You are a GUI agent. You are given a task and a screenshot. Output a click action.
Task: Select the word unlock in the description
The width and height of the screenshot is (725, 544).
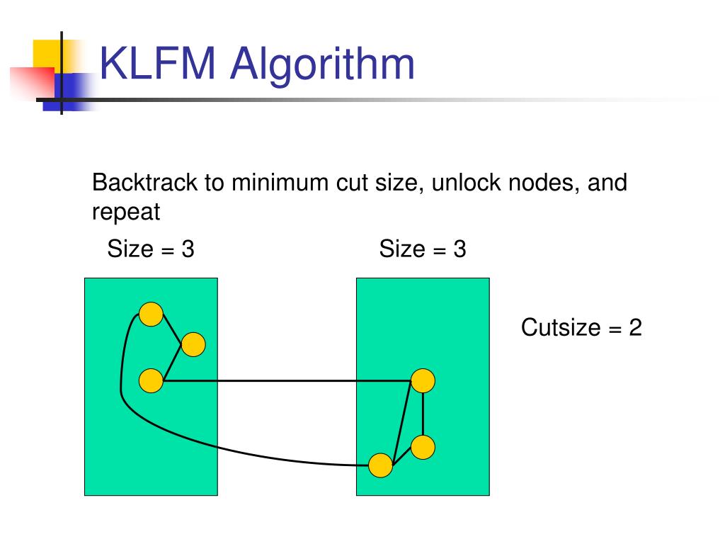coord(462,183)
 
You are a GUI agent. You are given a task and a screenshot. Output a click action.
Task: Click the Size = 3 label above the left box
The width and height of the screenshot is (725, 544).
coord(150,249)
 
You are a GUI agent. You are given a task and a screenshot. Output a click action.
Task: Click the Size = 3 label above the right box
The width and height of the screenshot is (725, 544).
coord(422,249)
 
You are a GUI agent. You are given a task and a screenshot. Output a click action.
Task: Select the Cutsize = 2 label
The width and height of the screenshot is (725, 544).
coord(581,327)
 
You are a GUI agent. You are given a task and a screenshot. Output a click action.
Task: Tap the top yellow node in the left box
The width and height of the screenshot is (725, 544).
coord(151,314)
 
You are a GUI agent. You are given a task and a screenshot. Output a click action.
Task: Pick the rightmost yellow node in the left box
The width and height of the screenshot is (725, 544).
coord(193,345)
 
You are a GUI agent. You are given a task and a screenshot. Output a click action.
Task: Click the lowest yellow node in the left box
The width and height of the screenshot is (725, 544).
coord(151,381)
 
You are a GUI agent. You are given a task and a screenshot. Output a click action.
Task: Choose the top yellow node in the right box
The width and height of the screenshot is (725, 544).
coord(423,381)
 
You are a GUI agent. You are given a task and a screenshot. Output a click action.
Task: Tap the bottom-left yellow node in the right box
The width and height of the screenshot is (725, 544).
coord(381,465)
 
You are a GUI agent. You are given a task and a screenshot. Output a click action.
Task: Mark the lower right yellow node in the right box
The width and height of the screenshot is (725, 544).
coord(423,447)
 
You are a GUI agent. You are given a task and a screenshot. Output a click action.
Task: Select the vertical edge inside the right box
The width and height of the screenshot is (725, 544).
coord(423,414)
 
